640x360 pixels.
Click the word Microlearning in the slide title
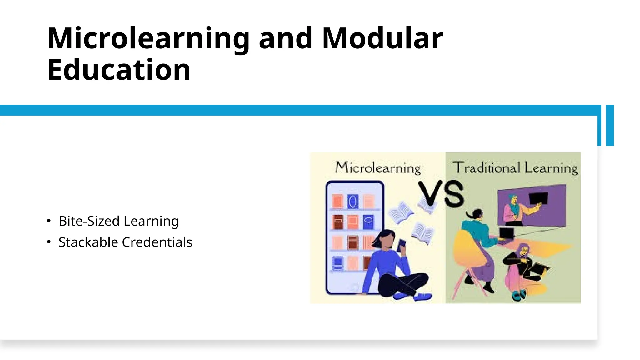(x=148, y=39)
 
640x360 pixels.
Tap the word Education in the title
(x=119, y=70)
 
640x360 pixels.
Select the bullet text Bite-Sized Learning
(x=118, y=221)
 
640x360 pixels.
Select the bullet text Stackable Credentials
(x=125, y=242)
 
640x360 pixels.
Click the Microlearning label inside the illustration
(x=378, y=168)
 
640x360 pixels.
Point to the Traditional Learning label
(x=515, y=168)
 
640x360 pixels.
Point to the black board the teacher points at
(x=538, y=198)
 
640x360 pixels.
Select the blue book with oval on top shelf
(x=353, y=202)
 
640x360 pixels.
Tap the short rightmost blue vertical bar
(x=610, y=125)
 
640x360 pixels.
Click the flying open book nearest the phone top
(x=401, y=213)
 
